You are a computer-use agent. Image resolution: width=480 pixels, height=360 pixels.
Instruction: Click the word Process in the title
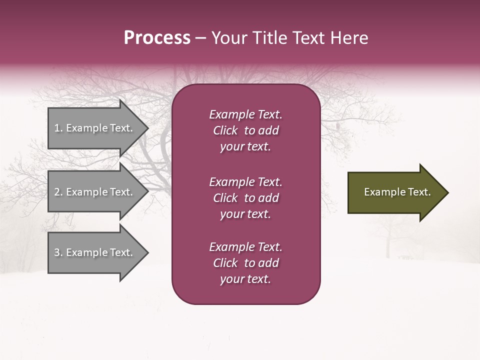(157, 38)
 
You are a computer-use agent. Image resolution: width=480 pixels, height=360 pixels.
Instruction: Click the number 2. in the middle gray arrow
(58, 192)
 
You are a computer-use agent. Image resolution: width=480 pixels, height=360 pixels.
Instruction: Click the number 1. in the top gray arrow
(58, 128)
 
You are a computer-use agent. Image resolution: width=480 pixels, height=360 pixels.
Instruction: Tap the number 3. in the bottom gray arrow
(58, 252)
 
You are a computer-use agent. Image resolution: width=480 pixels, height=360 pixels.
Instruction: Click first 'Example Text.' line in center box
(245, 114)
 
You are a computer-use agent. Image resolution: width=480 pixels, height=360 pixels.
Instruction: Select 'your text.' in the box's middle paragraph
(245, 214)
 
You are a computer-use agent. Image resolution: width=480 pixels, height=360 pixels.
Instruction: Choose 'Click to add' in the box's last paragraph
(245, 263)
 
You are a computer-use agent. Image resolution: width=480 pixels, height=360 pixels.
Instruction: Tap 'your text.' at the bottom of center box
(245, 279)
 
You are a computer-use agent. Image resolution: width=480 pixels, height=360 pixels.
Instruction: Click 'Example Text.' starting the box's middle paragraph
(245, 182)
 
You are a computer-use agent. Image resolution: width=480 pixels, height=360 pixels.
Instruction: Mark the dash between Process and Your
(200, 38)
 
